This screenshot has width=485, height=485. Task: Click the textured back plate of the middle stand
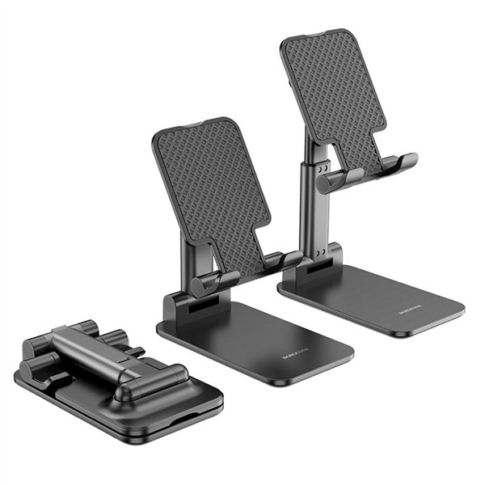[212, 190]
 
